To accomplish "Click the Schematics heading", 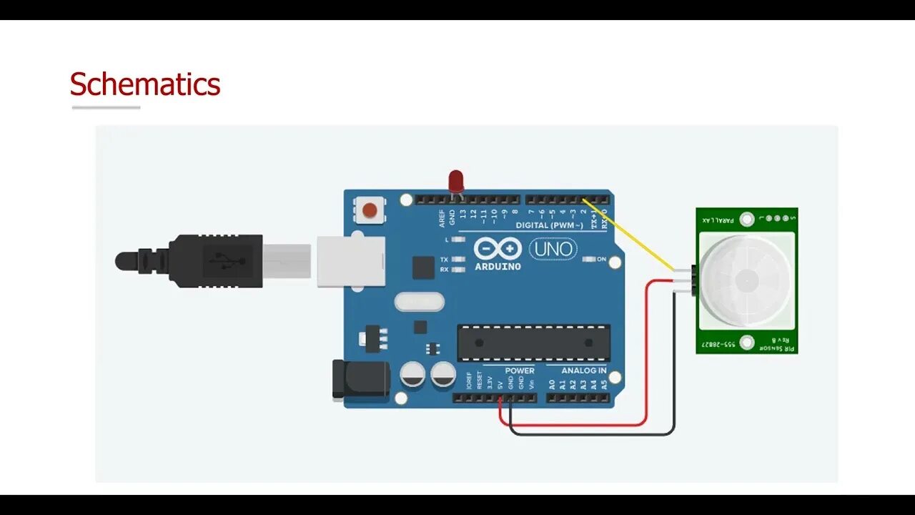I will pyautogui.click(x=144, y=84).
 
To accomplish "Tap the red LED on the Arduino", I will pyautogui.click(x=455, y=180).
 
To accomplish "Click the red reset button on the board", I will pyautogui.click(x=370, y=210).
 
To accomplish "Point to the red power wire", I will pyautogui.click(x=646, y=358).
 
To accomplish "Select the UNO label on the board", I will pyautogui.click(x=553, y=249).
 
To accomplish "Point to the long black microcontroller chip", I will pyautogui.click(x=533, y=343).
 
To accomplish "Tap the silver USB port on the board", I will pyautogui.click(x=350, y=261).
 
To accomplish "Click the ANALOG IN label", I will pyautogui.click(x=583, y=371).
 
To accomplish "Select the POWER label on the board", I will pyautogui.click(x=520, y=371).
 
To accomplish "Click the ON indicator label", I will pyautogui.click(x=601, y=259).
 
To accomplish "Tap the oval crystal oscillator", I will pyautogui.click(x=419, y=303).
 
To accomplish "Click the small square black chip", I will pyautogui.click(x=423, y=268).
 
